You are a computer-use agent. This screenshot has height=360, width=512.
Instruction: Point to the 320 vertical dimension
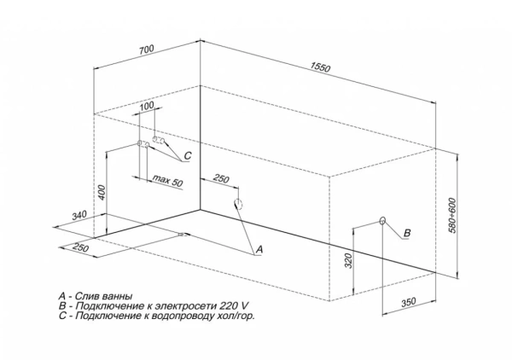coord(349,262)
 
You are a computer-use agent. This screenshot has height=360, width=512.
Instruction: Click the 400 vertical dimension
coord(101,192)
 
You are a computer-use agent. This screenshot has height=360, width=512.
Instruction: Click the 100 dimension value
coord(146,106)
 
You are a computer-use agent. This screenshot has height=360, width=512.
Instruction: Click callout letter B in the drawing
coord(407,233)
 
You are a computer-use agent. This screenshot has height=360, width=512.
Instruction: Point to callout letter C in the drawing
coord(187,154)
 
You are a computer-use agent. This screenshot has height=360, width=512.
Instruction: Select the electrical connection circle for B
coord(382,221)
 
